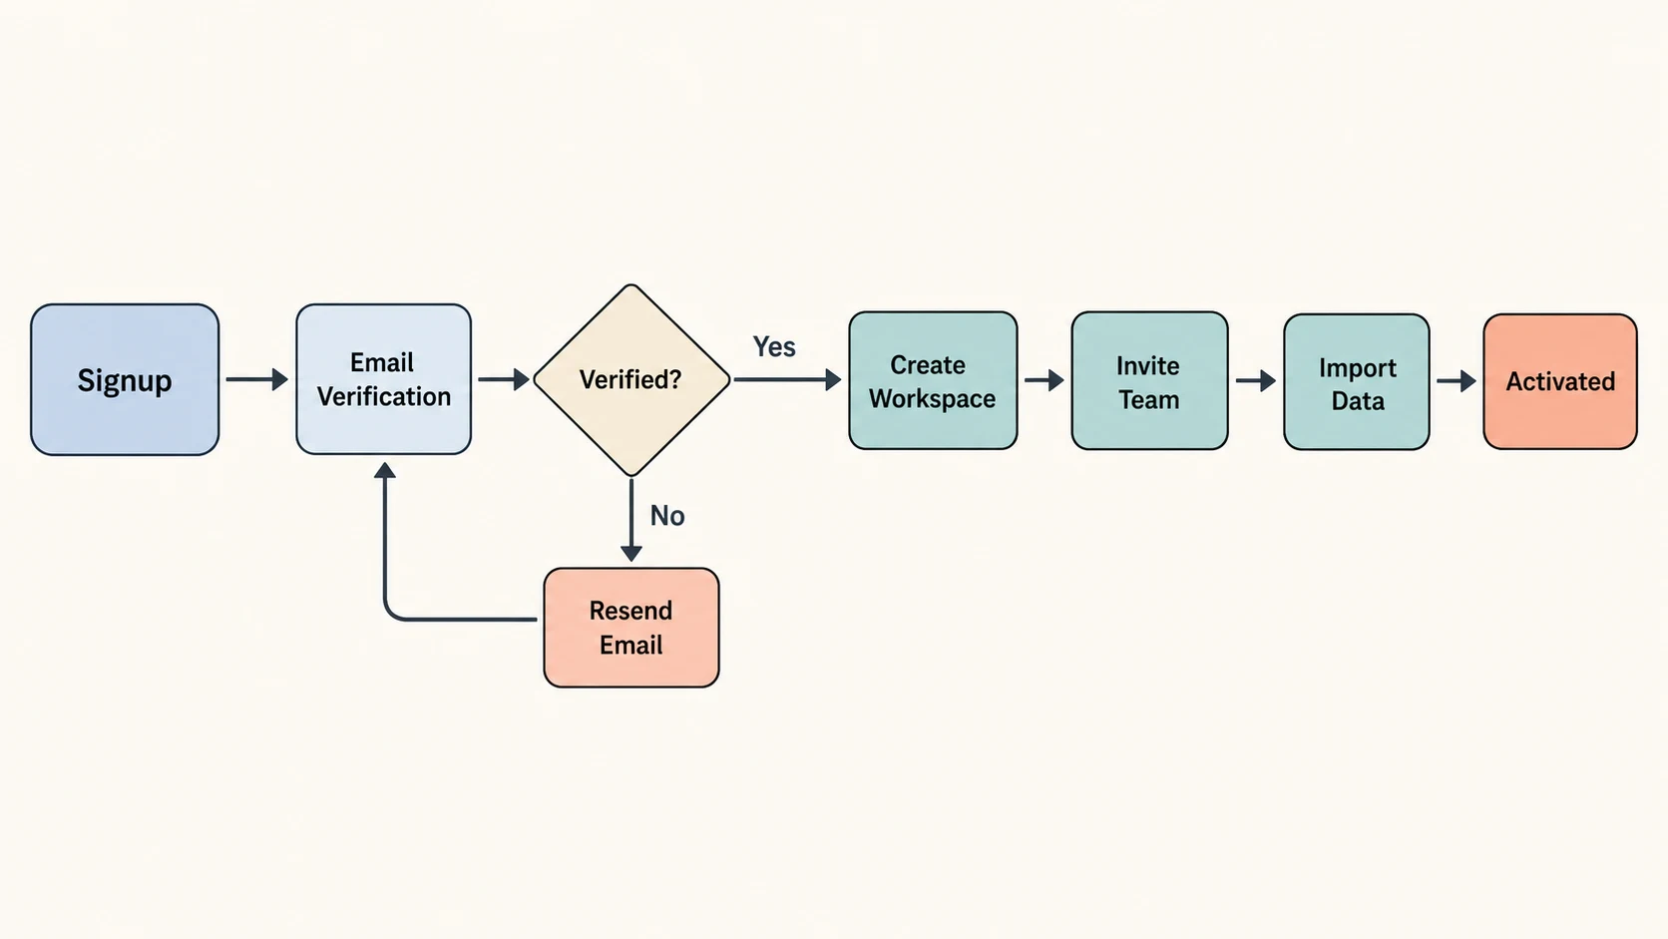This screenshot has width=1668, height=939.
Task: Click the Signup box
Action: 125,380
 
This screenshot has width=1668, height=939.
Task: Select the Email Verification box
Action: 383,379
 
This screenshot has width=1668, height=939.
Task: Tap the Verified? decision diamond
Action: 631,380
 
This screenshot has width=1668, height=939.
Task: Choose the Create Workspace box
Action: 933,380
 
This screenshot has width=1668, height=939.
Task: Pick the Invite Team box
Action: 1149,380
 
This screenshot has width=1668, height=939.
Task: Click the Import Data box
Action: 1357,381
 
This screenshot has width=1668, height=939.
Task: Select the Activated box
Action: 1560,381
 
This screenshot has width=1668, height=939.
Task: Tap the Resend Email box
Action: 631,628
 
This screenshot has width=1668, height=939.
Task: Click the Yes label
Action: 774,346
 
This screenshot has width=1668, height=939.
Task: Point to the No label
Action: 667,515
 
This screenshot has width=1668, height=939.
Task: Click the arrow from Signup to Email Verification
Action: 257,379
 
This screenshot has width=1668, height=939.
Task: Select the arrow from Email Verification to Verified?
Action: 504,379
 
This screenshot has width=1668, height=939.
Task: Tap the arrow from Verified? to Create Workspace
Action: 788,380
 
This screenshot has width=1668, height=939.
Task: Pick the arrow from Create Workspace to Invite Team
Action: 1044,380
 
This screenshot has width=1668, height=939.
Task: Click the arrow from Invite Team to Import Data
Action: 1256,381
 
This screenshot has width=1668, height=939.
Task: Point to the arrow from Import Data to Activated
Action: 1457,381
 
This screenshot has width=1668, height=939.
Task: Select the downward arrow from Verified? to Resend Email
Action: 631,520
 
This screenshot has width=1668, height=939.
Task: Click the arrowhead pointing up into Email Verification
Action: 385,470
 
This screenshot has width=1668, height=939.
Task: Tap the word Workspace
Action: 933,398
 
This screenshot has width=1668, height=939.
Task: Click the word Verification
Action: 384,396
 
